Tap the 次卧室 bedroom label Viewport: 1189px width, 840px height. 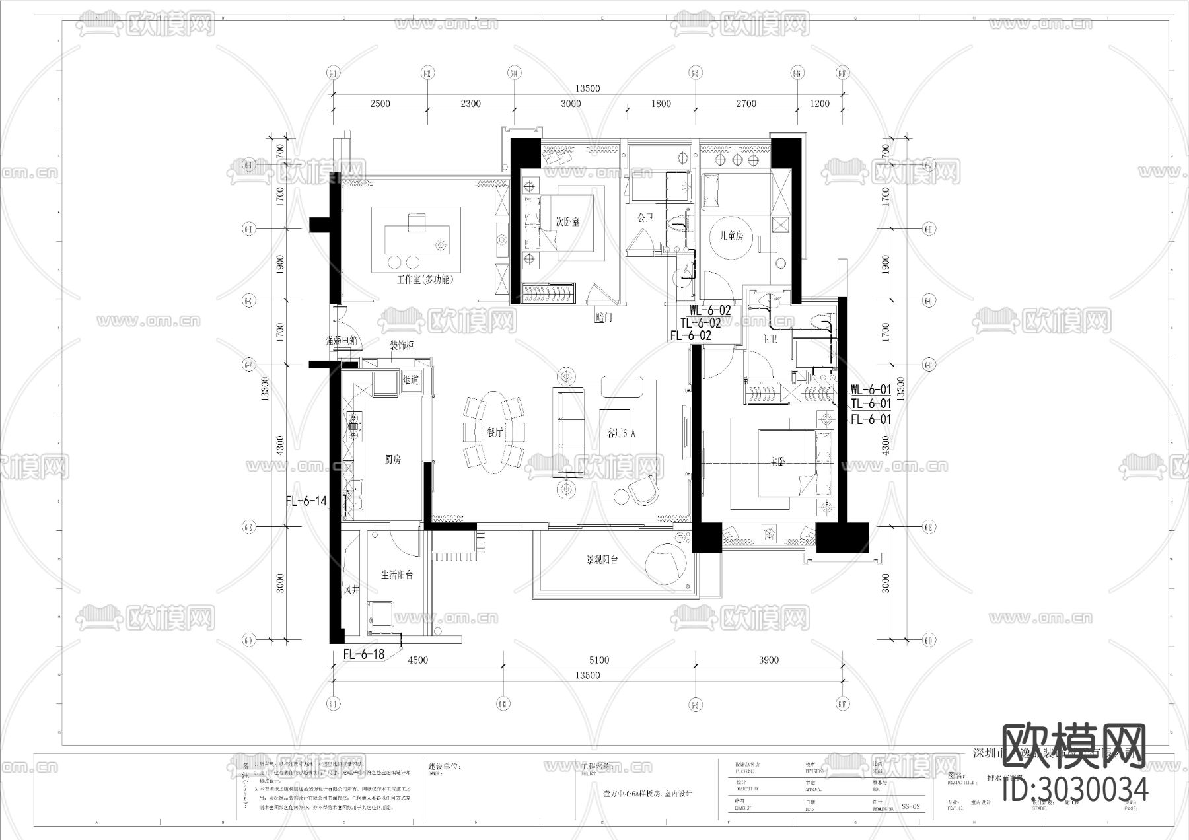tap(567, 222)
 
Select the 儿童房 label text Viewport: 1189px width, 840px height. tap(731, 235)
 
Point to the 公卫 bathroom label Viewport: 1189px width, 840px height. tap(645, 217)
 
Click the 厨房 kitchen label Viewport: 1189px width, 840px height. tap(392, 460)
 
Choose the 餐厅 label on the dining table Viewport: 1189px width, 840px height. tap(495, 433)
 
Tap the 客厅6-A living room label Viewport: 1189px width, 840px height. tap(621, 433)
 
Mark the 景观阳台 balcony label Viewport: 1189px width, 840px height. tap(601, 560)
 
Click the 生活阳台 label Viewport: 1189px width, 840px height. tap(396, 575)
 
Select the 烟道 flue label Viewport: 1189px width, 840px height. tap(411, 380)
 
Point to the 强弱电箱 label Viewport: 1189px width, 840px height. tap(342, 341)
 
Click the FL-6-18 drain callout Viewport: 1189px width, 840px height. tap(363, 655)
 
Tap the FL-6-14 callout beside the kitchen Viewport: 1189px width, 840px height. tap(306, 501)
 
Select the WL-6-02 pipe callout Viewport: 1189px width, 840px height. tap(710, 310)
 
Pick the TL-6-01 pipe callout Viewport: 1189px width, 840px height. tap(871, 403)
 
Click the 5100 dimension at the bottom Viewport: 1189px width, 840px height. tap(598, 660)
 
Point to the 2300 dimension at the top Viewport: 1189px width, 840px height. tap(470, 104)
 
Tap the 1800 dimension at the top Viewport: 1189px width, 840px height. tap(661, 104)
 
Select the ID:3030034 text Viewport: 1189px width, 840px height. tap(1075, 790)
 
